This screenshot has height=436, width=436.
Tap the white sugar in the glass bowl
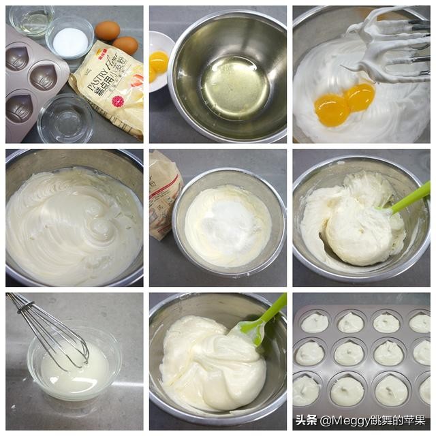[x=70, y=42]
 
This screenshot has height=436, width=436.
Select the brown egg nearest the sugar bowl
[x=107, y=30]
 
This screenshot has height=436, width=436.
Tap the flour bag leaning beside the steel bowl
[x=163, y=194]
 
